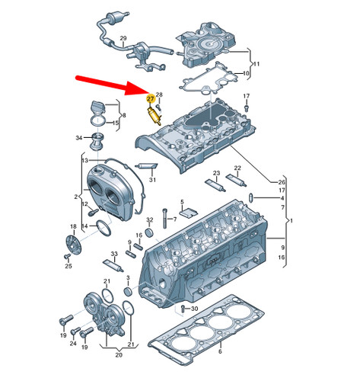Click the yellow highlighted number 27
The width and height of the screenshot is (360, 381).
151,100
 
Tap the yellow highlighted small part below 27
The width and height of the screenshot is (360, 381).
155,117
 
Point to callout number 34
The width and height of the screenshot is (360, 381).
79,138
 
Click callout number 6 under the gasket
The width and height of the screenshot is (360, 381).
219,352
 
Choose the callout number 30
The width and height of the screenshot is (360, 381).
195,308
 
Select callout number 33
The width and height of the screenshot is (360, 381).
113,253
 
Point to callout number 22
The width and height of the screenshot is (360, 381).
237,168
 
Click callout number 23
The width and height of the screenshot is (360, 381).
217,174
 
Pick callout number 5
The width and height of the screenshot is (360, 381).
183,202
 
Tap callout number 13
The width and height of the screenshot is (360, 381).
85,160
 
